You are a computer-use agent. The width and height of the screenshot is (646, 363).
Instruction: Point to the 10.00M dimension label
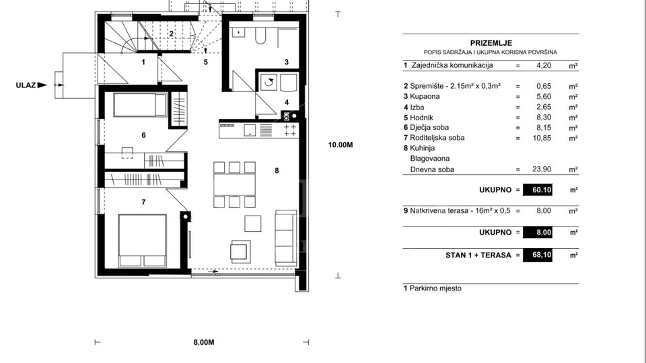pos(341,144)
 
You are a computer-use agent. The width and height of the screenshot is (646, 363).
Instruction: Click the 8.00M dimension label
pos(203,342)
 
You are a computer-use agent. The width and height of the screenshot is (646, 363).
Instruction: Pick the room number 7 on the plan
pos(143,201)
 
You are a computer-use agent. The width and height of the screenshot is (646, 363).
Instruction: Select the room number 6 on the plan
pos(143,135)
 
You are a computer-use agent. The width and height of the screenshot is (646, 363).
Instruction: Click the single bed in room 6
pos(139,106)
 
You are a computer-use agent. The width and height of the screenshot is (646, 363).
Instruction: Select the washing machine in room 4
pos(269,83)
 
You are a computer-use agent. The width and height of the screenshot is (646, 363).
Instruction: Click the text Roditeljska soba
pos(437,138)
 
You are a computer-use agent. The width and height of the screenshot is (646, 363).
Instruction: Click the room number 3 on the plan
pos(286,62)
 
